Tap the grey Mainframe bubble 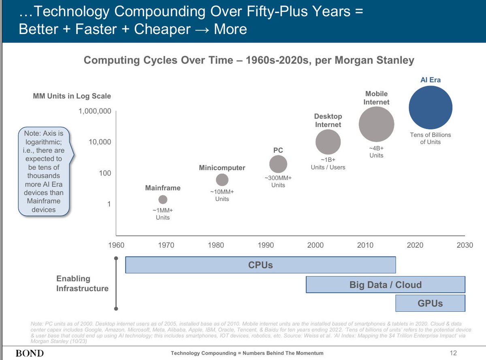coord(163,199)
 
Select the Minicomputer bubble coord(222,180)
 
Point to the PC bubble coord(278,164)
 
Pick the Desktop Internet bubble coord(328,142)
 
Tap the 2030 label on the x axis coord(465,245)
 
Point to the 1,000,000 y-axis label coord(95,111)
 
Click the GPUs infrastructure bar coord(430,303)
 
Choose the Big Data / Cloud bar coord(385,285)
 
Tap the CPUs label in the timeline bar coord(260,265)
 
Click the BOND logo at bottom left coord(29,353)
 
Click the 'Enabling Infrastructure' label coord(82,283)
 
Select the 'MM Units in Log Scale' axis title coord(72,96)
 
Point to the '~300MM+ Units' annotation coord(278,182)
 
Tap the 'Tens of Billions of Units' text coord(430,138)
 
